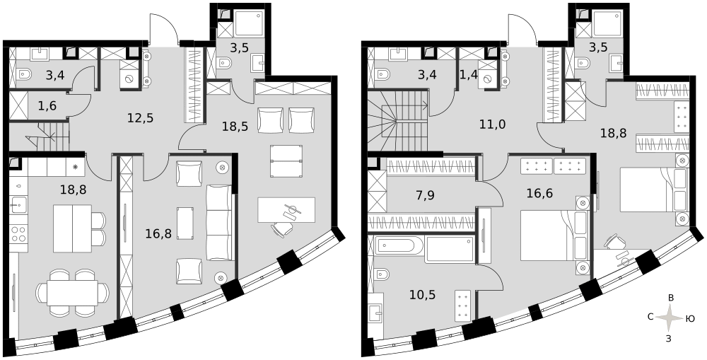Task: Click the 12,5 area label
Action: point(140,118)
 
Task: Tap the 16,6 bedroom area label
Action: point(539,194)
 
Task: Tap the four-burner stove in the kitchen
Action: point(18,235)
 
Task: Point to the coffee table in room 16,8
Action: point(185,223)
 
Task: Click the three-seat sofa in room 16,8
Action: point(218,222)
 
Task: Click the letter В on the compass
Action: point(670,298)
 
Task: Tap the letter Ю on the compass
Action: point(689,318)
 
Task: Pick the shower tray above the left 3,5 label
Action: point(248,23)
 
